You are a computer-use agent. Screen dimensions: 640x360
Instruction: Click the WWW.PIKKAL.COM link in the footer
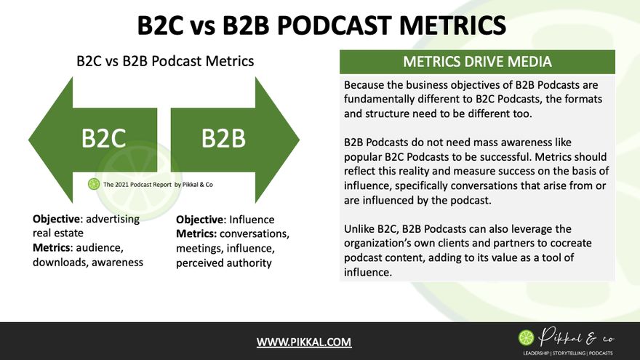(304, 342)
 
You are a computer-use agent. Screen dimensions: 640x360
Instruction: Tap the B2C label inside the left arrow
(103, 138)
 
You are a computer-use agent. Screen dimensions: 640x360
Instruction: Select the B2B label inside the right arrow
(223, 138)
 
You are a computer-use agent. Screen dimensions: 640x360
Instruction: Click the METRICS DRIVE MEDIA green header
(477, 62)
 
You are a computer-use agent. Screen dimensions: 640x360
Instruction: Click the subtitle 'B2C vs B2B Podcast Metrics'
(165, 61)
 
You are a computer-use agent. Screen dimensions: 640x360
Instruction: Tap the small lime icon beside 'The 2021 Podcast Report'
(94, 184)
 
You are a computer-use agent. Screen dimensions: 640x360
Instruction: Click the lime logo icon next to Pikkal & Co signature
(526, 338)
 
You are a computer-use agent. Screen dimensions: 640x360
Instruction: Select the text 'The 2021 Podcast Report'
(137, 185)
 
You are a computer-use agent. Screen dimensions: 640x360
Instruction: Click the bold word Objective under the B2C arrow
(56, 219)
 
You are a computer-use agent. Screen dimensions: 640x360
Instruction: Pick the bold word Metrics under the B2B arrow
(196, 234)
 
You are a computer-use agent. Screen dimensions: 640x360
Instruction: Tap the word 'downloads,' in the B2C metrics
(60, 262)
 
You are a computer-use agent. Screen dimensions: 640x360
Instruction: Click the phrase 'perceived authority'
(224, 263)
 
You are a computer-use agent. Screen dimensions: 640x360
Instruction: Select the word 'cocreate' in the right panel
(571, 243)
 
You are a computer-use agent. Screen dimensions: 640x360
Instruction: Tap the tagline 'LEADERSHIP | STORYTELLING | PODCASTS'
(568, 353)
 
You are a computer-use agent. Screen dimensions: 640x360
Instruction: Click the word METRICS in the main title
(452, 25)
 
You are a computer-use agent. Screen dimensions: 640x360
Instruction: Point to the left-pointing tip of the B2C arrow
(28, 140)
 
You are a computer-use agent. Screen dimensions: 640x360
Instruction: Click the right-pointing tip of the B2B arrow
(299, 140)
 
